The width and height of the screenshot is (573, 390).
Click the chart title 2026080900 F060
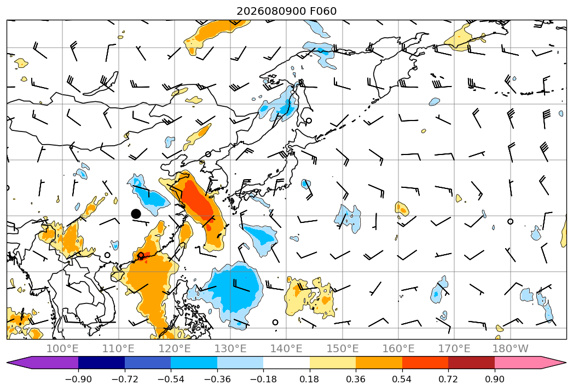coord(287,11)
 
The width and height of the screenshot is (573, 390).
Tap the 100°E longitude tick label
coord(62,348)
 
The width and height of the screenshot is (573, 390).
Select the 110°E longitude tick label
coord(118,348)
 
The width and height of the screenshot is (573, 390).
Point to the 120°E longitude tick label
coord(175,348)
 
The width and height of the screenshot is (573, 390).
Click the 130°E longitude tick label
coord(230,348)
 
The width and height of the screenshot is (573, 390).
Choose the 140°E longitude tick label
coord(286,348)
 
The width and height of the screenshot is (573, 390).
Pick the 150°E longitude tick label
coord(343,348)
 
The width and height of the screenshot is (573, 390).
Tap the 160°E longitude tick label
coord(398,348)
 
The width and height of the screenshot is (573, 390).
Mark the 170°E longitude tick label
coord(454,348)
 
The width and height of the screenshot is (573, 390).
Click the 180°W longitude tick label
coord(511,348)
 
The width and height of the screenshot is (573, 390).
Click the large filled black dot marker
coord(136,214)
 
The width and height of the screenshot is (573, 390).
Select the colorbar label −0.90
coord(78,379)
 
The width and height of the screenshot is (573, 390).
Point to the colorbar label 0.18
coord(310,379)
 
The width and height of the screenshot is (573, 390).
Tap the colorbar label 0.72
coord(448,379)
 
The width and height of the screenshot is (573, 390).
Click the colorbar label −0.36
coord(217,379)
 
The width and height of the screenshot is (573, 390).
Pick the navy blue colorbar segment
coord(102,363)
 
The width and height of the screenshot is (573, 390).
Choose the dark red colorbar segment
coord(471,363)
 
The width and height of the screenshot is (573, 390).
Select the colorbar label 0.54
coord(402,379)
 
